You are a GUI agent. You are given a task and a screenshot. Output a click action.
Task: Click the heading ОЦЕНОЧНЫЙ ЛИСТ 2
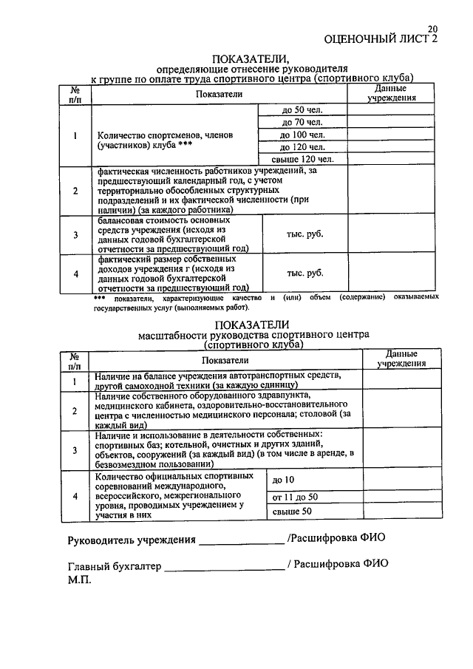381,39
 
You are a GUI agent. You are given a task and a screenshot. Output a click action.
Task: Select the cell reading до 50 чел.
302,110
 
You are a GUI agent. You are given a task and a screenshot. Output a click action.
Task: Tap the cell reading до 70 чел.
302,122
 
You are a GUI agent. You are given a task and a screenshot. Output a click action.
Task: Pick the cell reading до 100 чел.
302,135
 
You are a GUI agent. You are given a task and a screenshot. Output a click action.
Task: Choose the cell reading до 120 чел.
302,146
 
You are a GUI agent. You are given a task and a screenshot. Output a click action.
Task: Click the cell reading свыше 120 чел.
302,158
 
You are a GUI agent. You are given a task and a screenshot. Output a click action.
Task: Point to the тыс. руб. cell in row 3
304,234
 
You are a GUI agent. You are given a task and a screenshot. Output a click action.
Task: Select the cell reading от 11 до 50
296,496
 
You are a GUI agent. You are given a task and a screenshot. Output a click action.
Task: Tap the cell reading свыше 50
292,512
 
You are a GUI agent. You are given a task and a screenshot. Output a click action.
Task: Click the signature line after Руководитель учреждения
241,542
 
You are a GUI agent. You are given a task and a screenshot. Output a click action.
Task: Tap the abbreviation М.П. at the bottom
79,580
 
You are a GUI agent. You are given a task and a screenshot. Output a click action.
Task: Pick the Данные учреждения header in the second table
401,359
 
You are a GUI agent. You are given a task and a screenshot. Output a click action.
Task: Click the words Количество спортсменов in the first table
136,135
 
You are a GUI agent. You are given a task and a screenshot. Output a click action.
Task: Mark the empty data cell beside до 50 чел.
390,110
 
